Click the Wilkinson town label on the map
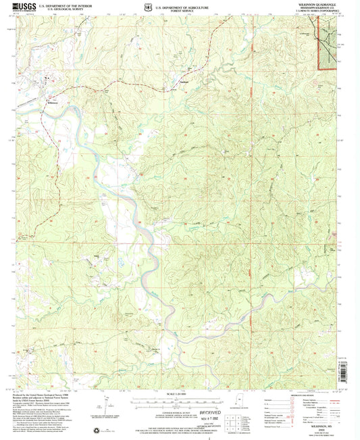[53, 103]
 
